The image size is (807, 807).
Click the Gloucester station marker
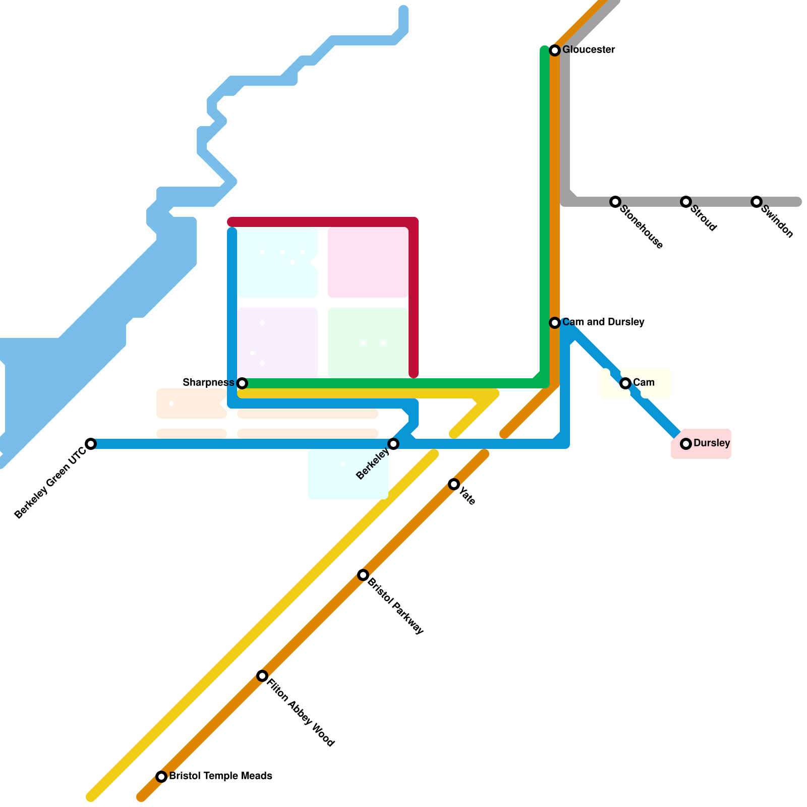coord(555,50)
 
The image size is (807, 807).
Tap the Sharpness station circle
coord(242,383)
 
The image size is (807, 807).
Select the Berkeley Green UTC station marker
coord(91,444)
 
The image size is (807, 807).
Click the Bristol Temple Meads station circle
coord(161,777)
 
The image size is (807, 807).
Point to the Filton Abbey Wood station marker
coord(262,676)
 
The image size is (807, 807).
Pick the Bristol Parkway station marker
coord(363,575)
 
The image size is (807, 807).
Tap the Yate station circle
coord(454,484)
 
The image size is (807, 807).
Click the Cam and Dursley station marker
coord(555,323)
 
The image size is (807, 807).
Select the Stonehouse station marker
coord(615,202)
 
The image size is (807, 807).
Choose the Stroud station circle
coord(686,202)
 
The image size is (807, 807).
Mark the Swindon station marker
coord(757,202)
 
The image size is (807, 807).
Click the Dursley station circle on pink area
coord(686,444)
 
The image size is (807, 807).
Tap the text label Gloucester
coord(589,50)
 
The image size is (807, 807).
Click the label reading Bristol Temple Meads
coord(220,776)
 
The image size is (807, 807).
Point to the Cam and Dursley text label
coord(603,322)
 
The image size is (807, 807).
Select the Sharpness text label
coord(208,383)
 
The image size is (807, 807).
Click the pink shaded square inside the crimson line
coord(368,262)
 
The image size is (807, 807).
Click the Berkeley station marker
coord(393,444)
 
